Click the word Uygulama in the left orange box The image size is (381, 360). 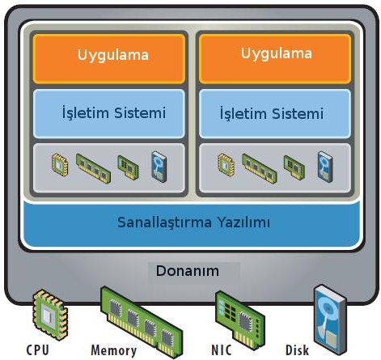[x=113, y=55]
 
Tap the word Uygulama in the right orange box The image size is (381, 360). [x=277, y=53]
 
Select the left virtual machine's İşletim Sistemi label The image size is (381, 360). [x=114, y=112]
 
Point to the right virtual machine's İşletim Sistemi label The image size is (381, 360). [x=272, y=113]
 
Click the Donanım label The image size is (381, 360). [x=188, y=271]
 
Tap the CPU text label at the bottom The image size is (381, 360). [x=38, y=349]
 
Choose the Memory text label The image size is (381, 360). [x=114, y=350]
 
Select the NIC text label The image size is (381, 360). [x=222, y=350]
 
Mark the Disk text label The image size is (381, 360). [x=297, y=350]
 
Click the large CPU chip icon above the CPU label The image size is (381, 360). [x=50, y=314]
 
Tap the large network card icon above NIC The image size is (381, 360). [x=240, y=320]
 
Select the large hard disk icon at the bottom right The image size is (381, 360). [x=331, y=320]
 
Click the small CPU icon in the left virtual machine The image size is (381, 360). [x=60, y=165]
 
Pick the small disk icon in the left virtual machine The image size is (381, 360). [x=159, y=167]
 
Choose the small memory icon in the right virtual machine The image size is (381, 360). [x=260, y=168]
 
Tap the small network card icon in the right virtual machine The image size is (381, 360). [x=294, y=167]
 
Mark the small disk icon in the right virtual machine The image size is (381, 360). [x=325, y=167]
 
